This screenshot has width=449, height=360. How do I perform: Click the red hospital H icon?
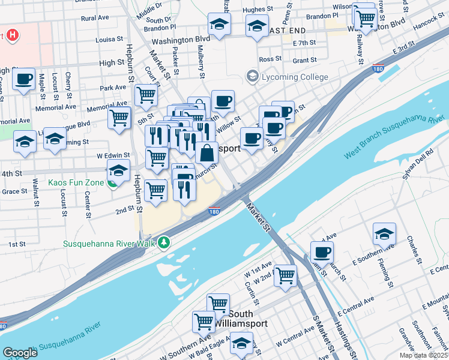(x=12, y=35)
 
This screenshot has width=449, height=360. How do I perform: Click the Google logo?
(x=20, y=353)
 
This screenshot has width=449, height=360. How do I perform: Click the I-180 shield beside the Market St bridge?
(x=214, y=211)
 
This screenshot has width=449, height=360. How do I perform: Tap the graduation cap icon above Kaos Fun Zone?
(x=118, y=170)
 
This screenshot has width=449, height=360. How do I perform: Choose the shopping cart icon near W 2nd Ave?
(x=285, y=275)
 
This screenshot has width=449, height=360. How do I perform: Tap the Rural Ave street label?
(x=95, y=19)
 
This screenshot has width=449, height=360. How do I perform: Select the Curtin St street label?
(x=251, y=293)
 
